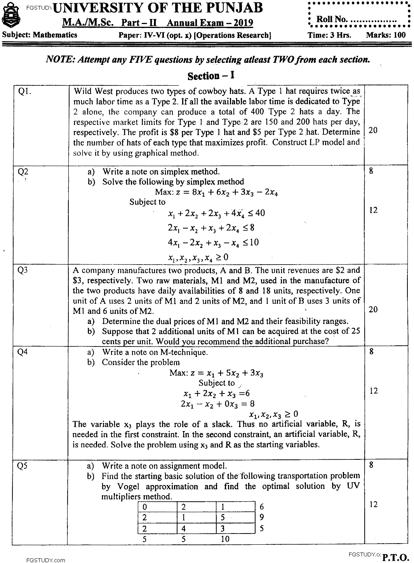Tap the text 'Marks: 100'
[x=385, y=35]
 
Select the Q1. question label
[x=25, y=92]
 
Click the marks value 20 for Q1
[x=372, y=130]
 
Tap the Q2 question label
[x=23, y=171]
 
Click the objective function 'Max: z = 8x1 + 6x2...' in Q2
[x=216, y=192]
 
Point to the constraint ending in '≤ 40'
[x=216, y=213]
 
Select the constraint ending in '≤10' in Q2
[x=213, y=243]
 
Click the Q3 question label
[x=23, y=271]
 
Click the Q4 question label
[x=23, y=353]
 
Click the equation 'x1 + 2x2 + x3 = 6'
[x=216, y=393]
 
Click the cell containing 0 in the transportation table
[x=144, y=507]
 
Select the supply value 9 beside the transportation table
[x=261, y=517]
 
